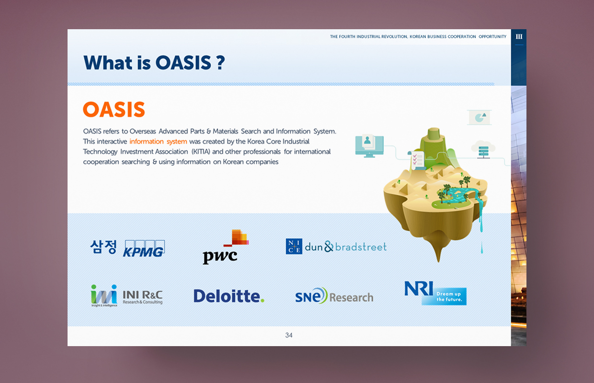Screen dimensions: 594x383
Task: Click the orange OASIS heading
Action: (x=114, y=109)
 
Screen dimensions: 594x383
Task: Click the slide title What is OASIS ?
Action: (x=154, y=63)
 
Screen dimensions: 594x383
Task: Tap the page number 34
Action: (x=289, y=335)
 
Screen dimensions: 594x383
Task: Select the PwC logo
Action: (x=226, y=247)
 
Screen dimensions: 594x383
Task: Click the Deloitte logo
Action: (x=229, y=296)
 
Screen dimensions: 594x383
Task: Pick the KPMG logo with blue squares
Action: (x=144, y=248)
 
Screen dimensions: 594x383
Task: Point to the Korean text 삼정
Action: (x=103, y=247)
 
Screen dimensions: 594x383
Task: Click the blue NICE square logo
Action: (x=294, y=246)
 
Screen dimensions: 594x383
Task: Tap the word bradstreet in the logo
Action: (x=361, y=247)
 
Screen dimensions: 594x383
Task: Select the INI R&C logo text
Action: (x=143, y=297)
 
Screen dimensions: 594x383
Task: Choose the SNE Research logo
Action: (x=334, y=296)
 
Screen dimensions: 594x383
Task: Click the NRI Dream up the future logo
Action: (x=435, y=293)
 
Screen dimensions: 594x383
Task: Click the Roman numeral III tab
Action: (x=519, y=36)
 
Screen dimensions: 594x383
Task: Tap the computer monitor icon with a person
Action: (x=369, y=146)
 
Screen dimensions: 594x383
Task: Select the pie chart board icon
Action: (x=480, y=117)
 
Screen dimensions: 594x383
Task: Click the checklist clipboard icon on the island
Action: (x=417, y=161)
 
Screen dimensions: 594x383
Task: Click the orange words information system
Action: (x=158, y=142)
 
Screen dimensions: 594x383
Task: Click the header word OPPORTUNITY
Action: (x=492, y=36)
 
